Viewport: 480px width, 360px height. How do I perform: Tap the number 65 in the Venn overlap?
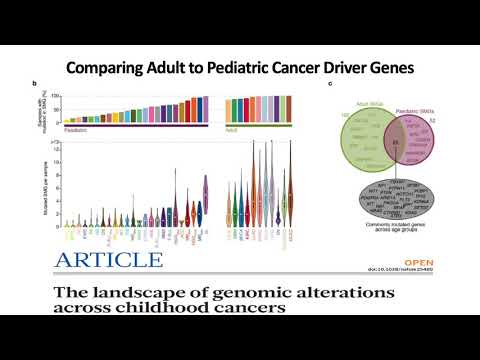pos(369,144)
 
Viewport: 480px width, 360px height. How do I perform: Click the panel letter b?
pos(36,83)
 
